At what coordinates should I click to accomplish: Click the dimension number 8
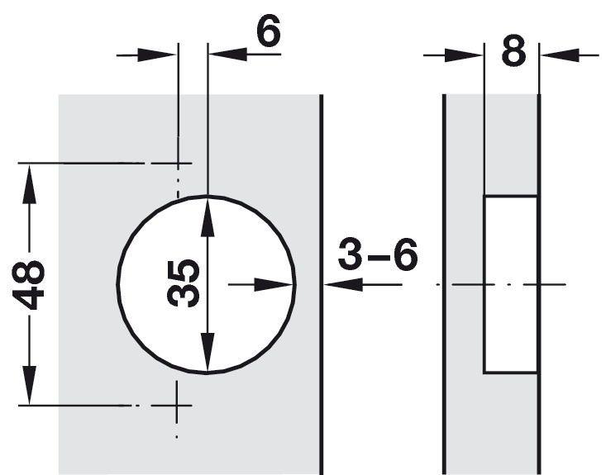[x=513, y=53]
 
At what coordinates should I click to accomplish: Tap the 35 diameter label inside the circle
[x=184, y=283]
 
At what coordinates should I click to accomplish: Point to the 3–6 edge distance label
[x=378, y=257]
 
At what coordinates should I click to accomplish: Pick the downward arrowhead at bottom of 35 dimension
[x=207, y=354]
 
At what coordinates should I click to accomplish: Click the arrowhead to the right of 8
[x=556, y=55]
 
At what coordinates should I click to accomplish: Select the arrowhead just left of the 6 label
[x=226, y=55]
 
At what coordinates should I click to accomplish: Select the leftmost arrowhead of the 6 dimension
[x=160, y=55]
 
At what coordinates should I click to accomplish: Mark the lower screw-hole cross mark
[x=176, y=405]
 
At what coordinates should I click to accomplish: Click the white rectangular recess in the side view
[x=510, y=283]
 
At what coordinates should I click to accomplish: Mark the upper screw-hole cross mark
[x=176, y=164]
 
